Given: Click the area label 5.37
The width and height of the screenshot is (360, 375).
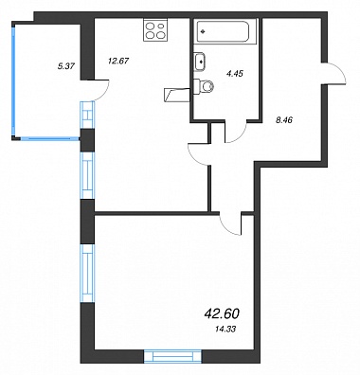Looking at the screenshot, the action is [66, 66].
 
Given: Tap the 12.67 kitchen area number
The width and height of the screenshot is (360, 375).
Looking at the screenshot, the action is [118, 61].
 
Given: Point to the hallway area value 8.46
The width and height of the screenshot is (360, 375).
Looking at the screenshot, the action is [284, 119].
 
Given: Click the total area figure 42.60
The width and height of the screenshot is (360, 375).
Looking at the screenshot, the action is [222, 313].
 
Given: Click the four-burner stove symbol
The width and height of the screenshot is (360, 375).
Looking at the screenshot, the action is [155, 29].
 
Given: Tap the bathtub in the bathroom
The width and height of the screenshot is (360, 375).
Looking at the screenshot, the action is [223, 31].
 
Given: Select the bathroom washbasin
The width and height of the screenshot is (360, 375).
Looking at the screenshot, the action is [200, 62].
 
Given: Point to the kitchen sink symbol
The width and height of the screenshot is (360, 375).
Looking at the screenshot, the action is [177, 95].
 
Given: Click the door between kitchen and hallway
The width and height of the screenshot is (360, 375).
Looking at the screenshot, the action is [197, 153].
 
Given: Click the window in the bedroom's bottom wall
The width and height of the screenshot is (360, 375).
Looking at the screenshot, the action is [172, 356].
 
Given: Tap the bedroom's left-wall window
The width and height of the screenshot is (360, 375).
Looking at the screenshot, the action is [87, 274].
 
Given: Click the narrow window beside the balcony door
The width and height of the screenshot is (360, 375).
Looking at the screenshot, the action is [87, 115].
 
